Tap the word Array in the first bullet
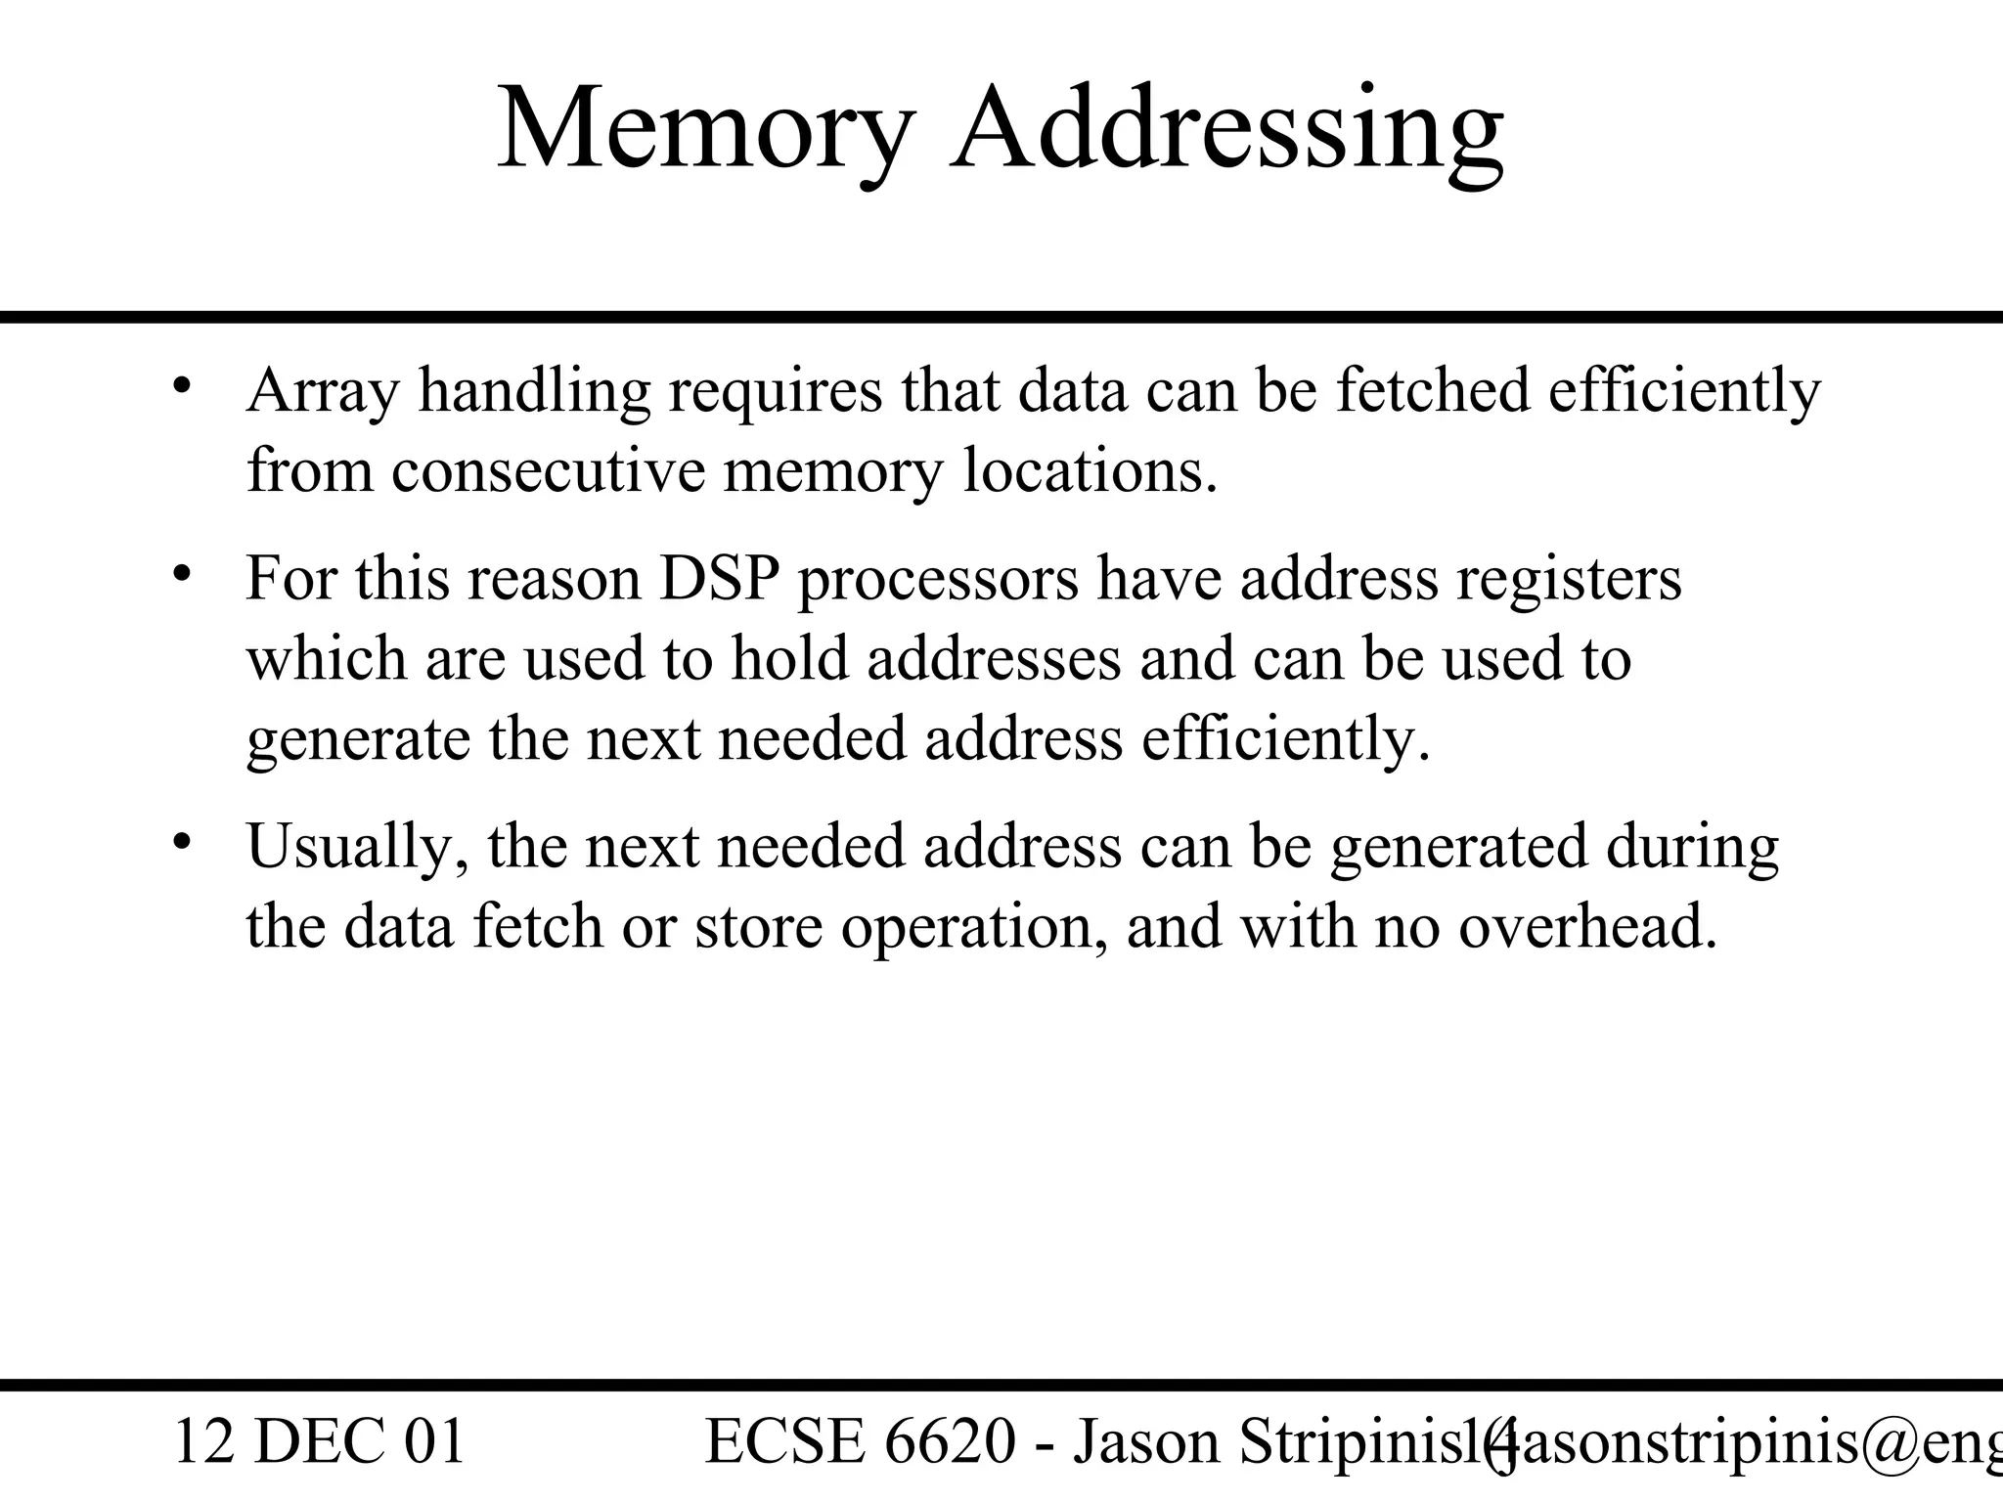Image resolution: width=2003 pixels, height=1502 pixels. [x=323, y=393]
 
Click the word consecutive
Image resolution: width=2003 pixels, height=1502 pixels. [x=548, y=470]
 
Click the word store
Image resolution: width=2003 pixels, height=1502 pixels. [x=758, y=926]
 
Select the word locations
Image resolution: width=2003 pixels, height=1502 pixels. [x=1090, y=470]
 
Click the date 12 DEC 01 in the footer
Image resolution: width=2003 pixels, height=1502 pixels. [x=319, y=1442]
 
